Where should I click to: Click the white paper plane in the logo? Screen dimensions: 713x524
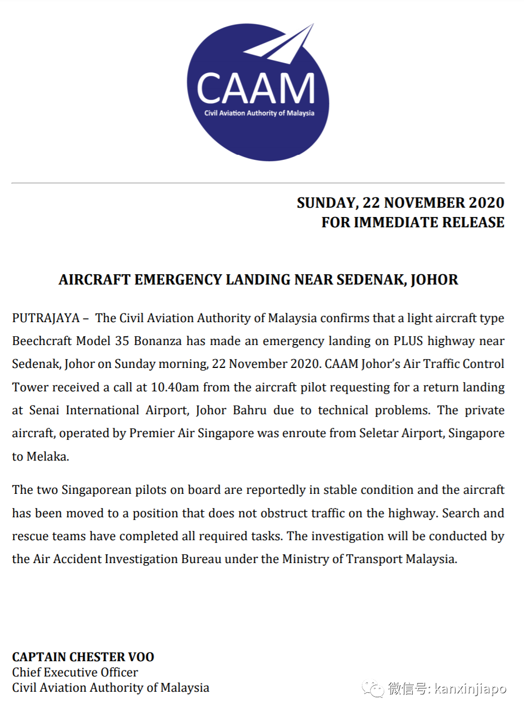click(x=281, y=45)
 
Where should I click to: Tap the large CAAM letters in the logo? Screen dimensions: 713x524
click(x=255, y=88)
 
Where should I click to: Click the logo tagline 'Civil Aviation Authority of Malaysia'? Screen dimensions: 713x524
click(x=259, y=113)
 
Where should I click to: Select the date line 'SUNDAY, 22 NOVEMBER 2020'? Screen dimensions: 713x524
click(x=400, y=203)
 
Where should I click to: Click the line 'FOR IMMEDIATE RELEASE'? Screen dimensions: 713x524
click(x=413, y=222)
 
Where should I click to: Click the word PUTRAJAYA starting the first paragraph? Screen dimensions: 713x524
click(x=46, y=318)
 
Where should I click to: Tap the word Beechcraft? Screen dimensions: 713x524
click(x=42, y=341)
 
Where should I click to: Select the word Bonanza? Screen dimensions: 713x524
click(x=158, y=341)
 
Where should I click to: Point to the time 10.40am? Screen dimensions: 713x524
click(x=175, y=388)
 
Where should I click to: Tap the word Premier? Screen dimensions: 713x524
click(x=152, y=433)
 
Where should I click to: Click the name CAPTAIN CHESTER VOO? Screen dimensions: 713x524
click(x=83, y=657)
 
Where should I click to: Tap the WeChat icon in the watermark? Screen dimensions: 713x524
click(x=373, y=689)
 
